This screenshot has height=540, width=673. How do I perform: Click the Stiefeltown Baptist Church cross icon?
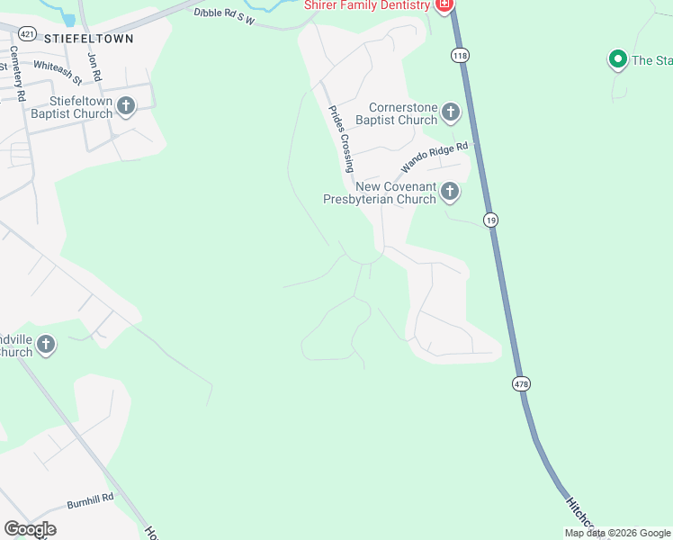coord(125,106)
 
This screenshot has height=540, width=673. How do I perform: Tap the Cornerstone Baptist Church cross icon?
coord(450,112)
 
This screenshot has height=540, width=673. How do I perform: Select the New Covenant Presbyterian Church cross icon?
coord(450,192)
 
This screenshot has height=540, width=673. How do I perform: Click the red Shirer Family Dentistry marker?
coord(443,5)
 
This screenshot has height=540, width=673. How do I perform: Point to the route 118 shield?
coord(461,56)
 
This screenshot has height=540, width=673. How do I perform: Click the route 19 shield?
coord(490,220)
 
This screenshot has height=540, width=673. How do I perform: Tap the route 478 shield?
coord(521,383)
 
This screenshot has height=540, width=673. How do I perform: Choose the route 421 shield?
coord(27,33)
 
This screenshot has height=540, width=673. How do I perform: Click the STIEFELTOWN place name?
coord(88,39)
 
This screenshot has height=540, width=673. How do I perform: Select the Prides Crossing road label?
coord(340,139)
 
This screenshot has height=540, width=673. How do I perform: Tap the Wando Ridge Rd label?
coord(435,157)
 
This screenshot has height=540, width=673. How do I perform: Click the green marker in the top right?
coord(617,60)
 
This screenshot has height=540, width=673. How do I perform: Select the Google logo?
coord(30,529)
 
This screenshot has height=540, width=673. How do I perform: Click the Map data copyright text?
coord(617,534)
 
